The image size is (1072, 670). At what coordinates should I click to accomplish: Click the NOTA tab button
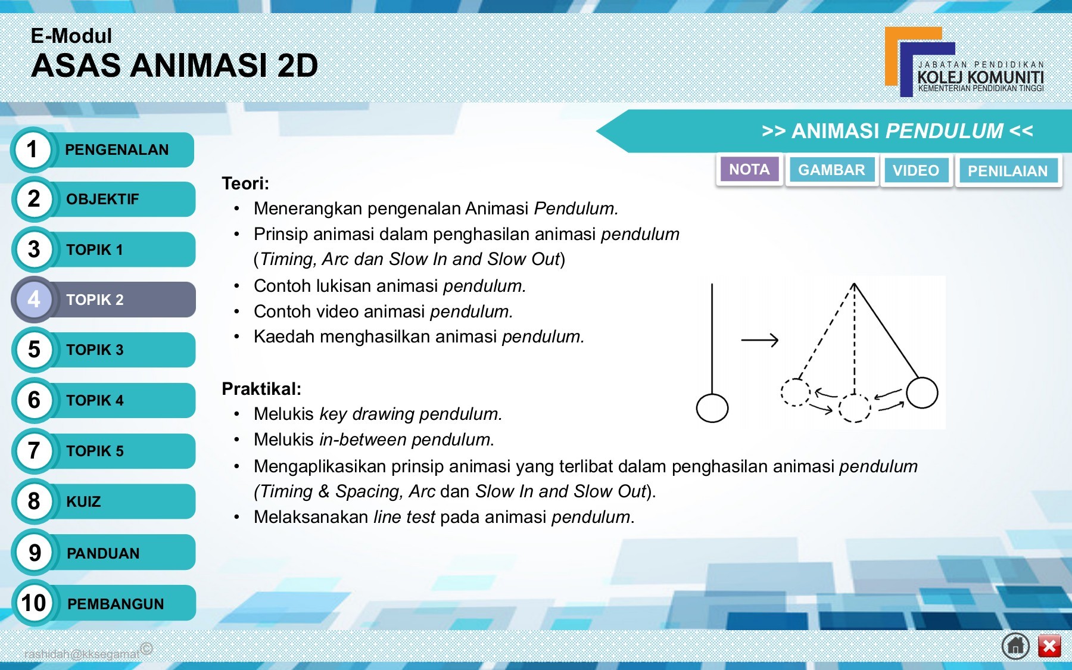click(749, 170)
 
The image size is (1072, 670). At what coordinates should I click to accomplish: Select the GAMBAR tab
click(831, 170)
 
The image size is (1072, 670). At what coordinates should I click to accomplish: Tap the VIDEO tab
click(916, 171)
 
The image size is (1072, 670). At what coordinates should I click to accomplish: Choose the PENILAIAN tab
click(1008, 172)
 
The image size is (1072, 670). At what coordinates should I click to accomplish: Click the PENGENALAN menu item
click(117, 150)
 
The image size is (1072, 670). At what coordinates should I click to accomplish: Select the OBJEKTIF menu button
click(103, 200)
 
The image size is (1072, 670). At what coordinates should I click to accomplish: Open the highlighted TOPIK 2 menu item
click(95, 300)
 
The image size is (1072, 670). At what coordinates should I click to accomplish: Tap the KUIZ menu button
click(84, 501)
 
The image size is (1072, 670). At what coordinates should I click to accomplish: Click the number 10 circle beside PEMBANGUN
click(34, 603)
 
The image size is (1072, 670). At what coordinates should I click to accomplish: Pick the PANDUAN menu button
click(103, 553)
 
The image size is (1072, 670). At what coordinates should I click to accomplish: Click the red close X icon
click(1049, 646)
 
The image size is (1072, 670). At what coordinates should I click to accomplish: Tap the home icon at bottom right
click(1015, 646)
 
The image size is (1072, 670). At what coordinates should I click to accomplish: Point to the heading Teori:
click(245, 183)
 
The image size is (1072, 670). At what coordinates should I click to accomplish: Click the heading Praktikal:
click(261, 389)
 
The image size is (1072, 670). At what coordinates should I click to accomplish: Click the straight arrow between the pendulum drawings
click(759, 340)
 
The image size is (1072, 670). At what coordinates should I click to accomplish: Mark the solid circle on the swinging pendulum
click(922, 393)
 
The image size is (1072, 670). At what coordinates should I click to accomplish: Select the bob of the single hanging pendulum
click(712, 409)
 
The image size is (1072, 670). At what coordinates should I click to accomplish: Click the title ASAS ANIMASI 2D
click(174, 66)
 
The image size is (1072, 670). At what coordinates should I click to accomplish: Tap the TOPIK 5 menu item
click(95, 451)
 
